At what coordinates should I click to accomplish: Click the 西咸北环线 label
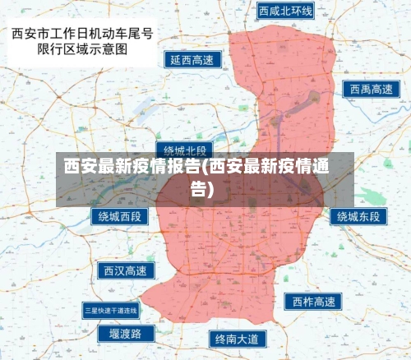285,12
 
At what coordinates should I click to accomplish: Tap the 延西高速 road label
192,60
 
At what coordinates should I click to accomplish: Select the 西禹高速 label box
370,89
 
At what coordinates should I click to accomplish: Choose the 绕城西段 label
120,217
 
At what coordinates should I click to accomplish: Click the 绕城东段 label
359,217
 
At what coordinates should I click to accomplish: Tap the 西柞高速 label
313,302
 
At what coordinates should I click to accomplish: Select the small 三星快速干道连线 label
111,310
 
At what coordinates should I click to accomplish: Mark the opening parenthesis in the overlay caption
204,165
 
